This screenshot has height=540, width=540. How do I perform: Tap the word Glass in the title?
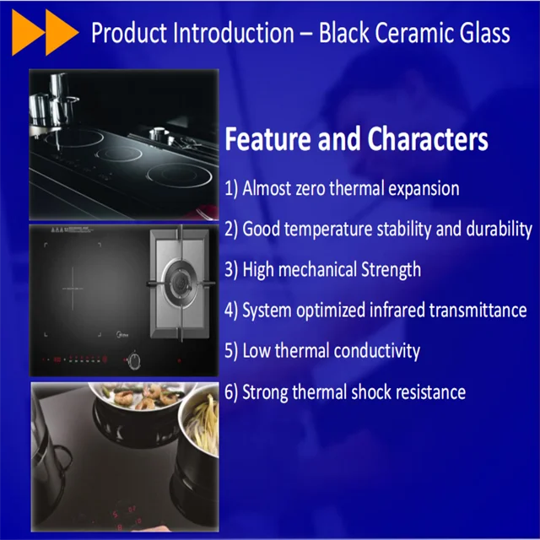483,34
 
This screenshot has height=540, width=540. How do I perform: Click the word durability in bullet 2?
499,229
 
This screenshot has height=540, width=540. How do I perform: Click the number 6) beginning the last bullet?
232,392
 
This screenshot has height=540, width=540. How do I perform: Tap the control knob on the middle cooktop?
132,361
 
